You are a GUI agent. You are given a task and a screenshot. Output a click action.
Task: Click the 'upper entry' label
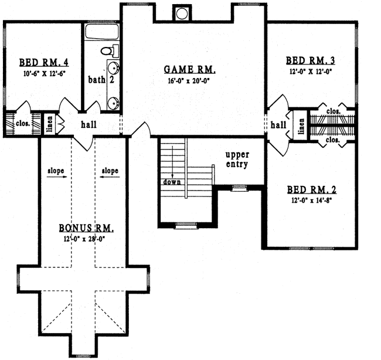click(237, 159)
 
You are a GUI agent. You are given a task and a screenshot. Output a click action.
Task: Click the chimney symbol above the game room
click(182, 12)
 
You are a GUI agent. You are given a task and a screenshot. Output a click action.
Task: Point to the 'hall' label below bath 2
click(89, 124)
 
